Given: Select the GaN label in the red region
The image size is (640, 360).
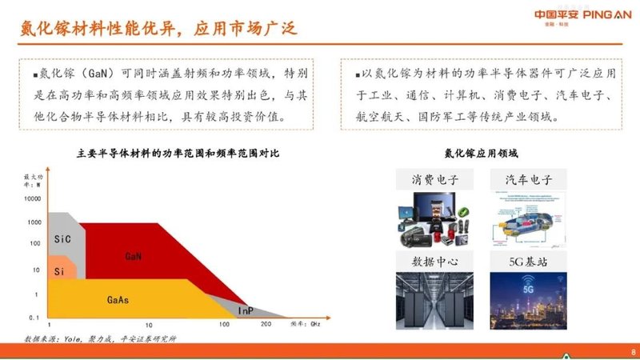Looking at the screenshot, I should click(134, 256).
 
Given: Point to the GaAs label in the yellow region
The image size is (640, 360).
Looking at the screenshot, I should click(118, 300).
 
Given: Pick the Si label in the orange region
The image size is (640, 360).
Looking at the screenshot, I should click(59, 272).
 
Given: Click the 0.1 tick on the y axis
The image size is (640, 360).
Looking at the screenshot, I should click(33, 318).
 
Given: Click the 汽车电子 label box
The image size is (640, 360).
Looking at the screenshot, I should click(529, 179).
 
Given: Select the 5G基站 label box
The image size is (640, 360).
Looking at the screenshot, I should click(529, 261).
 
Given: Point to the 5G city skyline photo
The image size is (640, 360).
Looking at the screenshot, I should click(529, 301).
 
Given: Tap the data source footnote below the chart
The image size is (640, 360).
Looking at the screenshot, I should click(100, 338).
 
